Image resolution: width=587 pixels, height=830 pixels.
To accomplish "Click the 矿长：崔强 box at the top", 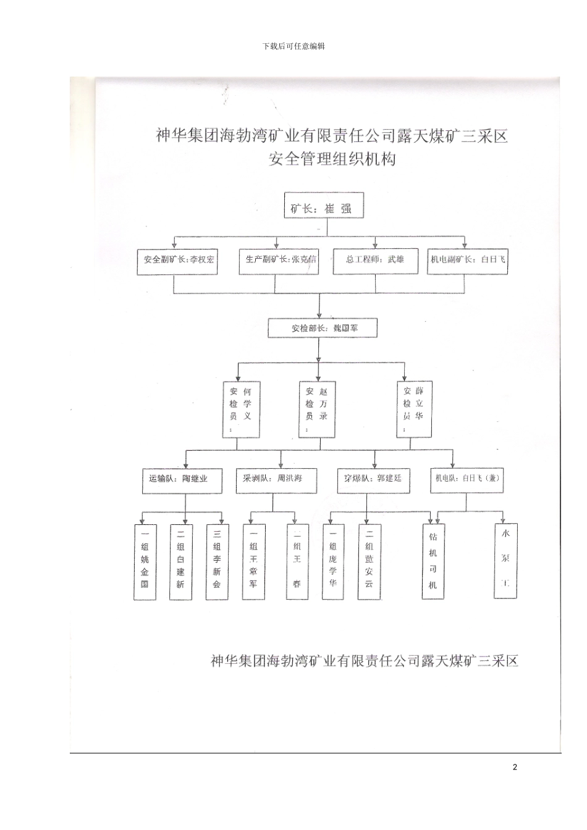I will tap(323, 208).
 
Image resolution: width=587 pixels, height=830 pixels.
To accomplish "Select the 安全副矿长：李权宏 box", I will tap(178, 260).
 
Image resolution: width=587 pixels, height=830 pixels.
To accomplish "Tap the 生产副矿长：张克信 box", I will tap(278, 260).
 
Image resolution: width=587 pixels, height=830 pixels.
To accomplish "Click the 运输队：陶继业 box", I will tap(178, 479).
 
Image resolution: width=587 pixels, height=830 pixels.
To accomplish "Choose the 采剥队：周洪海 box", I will tap(276, 479).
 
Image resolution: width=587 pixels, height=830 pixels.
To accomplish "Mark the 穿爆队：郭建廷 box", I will tap(373, 479).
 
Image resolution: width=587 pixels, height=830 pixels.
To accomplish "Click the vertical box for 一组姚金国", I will tap(145, 561).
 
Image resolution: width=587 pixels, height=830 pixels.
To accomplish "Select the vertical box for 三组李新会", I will tap(217, 561).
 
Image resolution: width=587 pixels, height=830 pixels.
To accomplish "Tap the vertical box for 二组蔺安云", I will tap(369, 561).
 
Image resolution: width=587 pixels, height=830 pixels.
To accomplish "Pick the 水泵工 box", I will tap(505, 560).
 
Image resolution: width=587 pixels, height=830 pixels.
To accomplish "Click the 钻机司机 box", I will tap(433, 561).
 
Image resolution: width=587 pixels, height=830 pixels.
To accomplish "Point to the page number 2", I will tap(515, 767).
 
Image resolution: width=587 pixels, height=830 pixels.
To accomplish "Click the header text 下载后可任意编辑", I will tap(293, 46).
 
